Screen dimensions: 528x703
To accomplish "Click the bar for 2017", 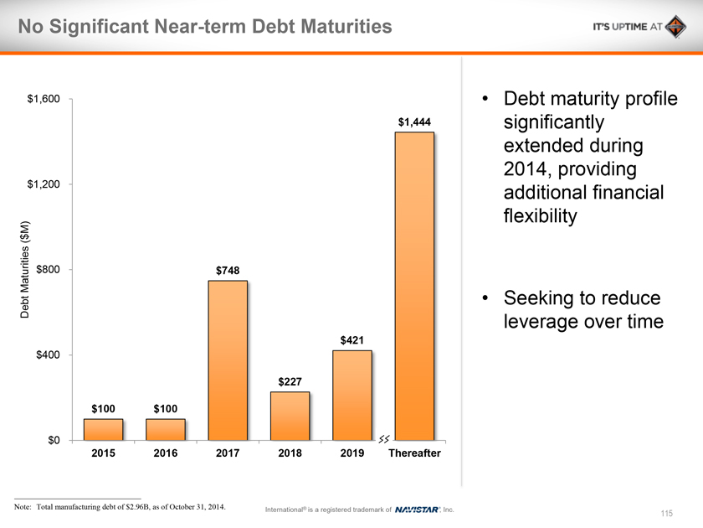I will [228, 360].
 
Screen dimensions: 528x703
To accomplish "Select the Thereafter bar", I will [414, 285].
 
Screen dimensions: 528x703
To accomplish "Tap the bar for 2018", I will [290, 416].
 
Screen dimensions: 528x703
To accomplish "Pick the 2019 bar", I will [352, 395].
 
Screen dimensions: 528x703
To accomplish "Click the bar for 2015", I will [103, 429].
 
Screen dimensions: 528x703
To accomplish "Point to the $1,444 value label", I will [414, 122].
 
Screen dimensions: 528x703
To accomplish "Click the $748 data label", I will [228, 270].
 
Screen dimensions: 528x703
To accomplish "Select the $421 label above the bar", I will [352, 339].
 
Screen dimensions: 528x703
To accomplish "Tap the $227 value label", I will [290, 381].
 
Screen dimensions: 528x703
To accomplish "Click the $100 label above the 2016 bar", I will [166, 408].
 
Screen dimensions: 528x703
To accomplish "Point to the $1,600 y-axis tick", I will [44, 100].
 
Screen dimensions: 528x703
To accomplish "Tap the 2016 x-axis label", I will [166, 453].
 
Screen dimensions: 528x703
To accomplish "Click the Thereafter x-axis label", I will [414, 453].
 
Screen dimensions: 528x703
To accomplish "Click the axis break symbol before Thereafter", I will [384, 439].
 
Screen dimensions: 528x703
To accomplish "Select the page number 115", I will [666, 513].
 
